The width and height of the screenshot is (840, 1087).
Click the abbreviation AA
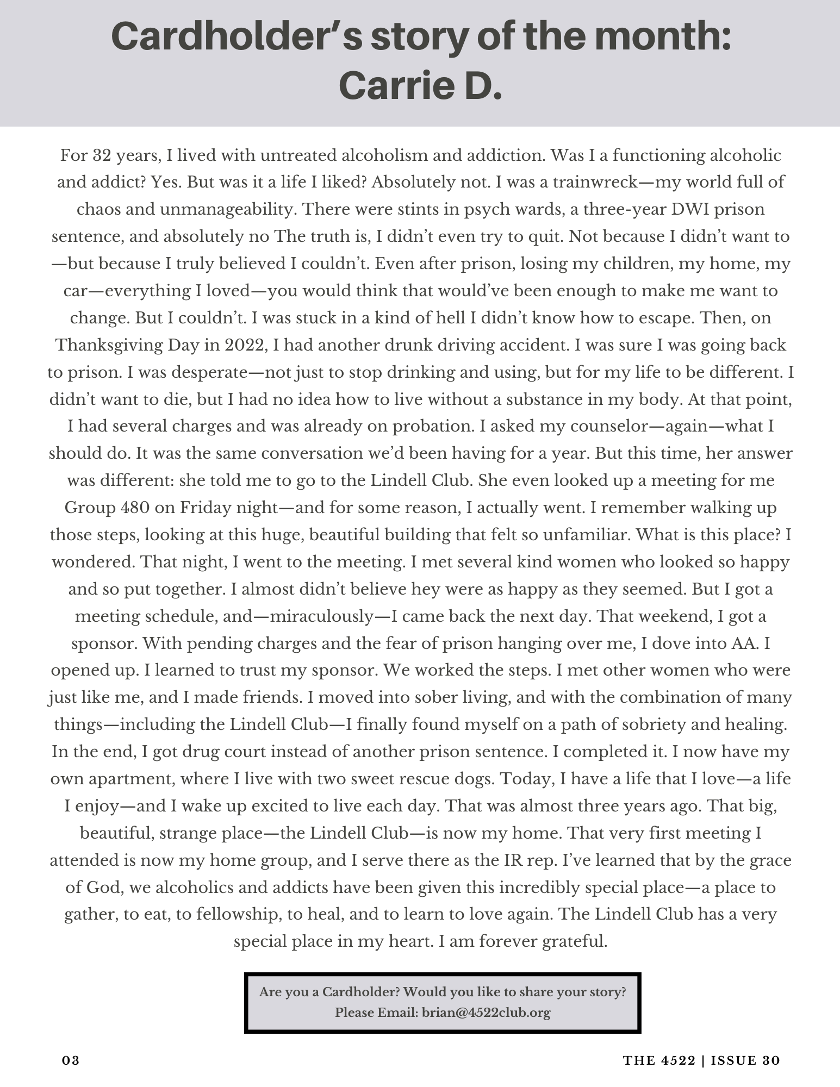[744, 644]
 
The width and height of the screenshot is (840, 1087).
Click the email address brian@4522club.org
[486, 1013]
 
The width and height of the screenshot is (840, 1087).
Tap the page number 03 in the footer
[71, 1061]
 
